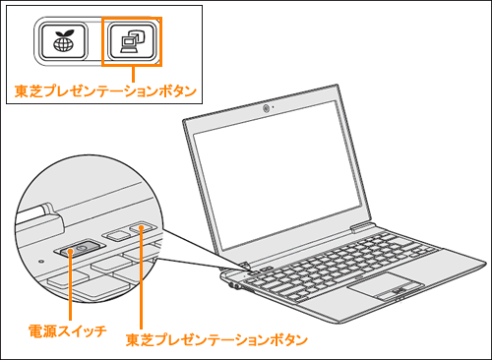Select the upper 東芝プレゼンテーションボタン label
coord(106,90)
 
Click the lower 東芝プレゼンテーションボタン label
coord(216,339)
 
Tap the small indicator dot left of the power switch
coord(39,261)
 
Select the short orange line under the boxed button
coord(135,73)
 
